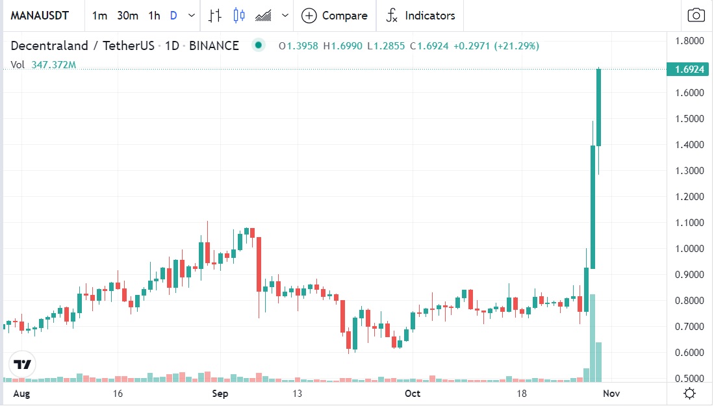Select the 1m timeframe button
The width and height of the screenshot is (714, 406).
click(x=99, y=15)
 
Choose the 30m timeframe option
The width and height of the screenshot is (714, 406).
click(x=127, y=15)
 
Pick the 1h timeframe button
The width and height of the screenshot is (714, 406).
click(x=154, y=15)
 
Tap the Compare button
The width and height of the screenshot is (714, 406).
click(x=335, y=16)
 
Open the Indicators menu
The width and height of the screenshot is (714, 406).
click(x=420, y=16)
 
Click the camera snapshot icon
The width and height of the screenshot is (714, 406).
click(x=696, y=16)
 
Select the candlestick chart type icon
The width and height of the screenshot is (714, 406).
click(x=239, y=16)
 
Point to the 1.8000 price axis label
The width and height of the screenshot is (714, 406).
click(x=689, y=41)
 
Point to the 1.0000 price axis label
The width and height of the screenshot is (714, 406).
click(x=689, y=249)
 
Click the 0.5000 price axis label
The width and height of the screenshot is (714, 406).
click(x=689, y=379)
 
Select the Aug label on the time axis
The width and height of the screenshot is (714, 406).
click(x=22, y=394)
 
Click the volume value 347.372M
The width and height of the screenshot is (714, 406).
click(x=54, y=65)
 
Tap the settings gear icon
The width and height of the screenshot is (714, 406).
click(x=690, y=394)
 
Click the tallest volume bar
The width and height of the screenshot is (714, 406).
click(x=593, y=338)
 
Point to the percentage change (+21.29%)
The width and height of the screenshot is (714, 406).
click(x=516, y=46)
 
